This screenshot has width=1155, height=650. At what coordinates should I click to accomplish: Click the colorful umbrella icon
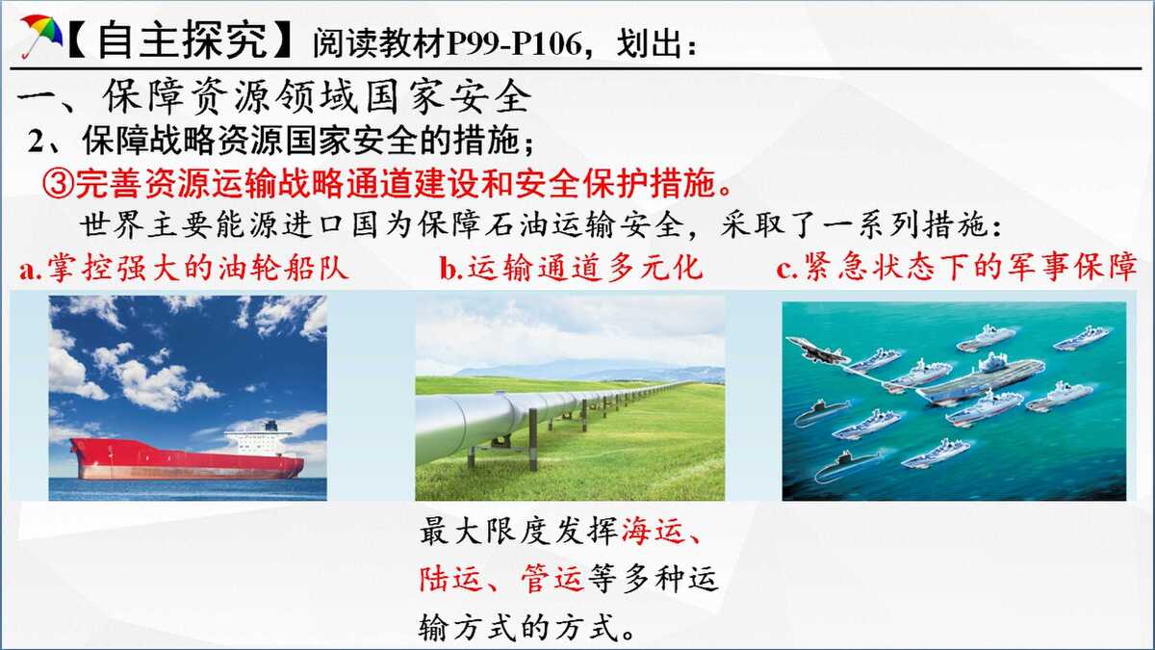pos(41,35)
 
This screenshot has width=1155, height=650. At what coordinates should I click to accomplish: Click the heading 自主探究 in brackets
pos(182,39)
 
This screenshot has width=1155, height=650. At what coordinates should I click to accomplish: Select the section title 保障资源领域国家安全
pos(317,96)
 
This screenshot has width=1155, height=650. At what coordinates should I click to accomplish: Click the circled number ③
pos(59,183)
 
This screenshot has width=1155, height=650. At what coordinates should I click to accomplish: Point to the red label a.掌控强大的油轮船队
pos(184,268)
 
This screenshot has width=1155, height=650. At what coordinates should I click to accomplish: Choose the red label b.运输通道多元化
pos(572,268)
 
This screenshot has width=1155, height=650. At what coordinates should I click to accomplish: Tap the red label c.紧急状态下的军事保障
pos(957,267)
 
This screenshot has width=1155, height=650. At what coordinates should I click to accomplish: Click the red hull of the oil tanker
pos(187,460)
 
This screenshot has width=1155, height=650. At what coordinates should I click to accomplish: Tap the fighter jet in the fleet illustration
pos(817,351)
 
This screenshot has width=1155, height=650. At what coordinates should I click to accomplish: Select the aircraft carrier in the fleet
pos(980,380)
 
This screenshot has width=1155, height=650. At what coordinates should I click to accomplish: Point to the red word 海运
pos(654,531)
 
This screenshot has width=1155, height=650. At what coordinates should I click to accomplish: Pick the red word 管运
pos(552,579)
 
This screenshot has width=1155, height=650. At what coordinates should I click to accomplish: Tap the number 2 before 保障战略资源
pos(37,141)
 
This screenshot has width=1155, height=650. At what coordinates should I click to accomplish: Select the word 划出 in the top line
pos(649,43)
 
